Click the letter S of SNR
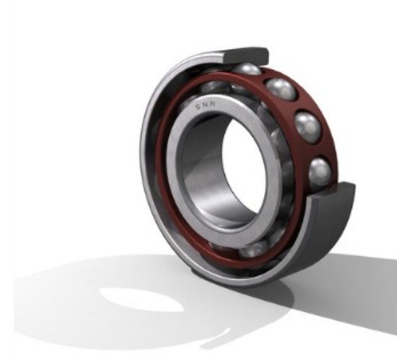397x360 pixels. (x=198, y=107)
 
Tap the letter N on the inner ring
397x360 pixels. (x=206, y=105)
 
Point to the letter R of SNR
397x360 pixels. (x=213, y=104)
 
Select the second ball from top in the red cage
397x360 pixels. (x=281, y=89)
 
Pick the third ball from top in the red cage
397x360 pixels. (x=308, y=127)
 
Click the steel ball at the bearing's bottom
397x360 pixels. (x=254, y=249)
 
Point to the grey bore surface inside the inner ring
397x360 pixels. (x=203, y=175)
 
